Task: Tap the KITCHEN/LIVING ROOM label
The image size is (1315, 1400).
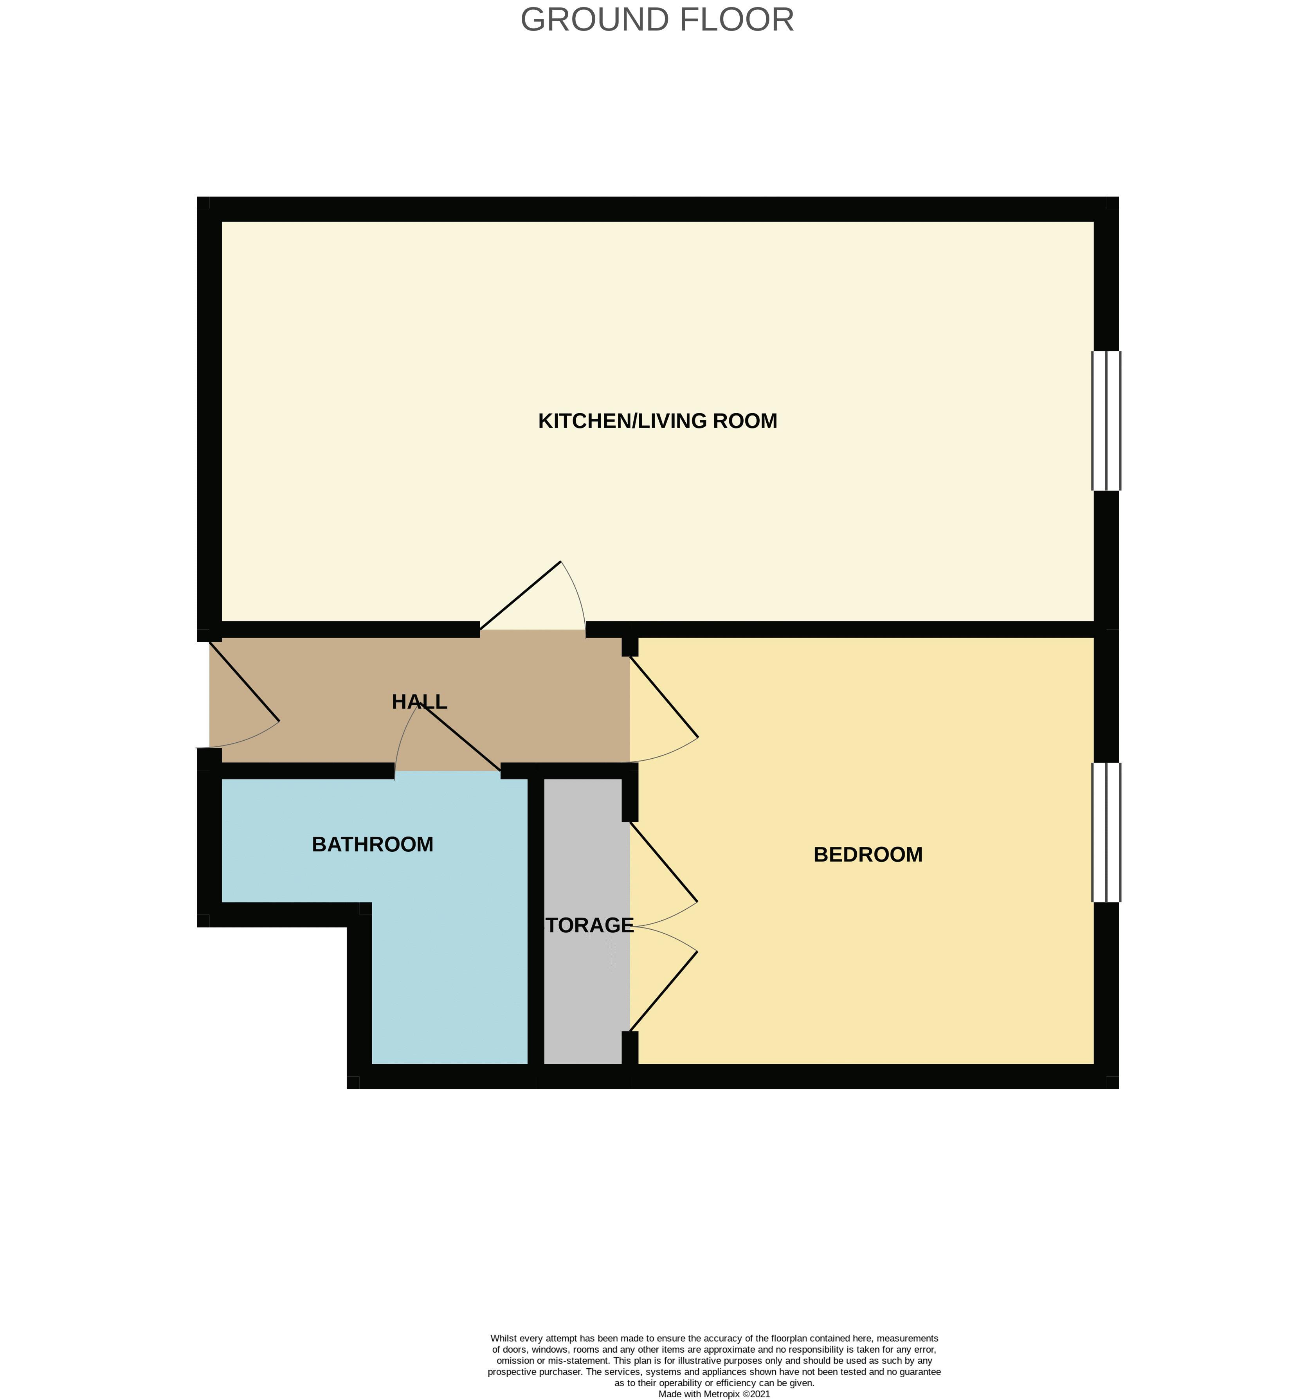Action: pos(657,421)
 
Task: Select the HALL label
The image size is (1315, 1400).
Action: pos(419,702)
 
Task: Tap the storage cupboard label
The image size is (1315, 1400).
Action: pos(589,925)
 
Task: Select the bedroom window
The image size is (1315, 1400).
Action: pos(1106,832)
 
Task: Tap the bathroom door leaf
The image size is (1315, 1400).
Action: pos(460,737)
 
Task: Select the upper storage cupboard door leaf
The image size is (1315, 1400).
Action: pos(663,861)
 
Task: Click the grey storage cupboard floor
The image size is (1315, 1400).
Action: pos(583,1000)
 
